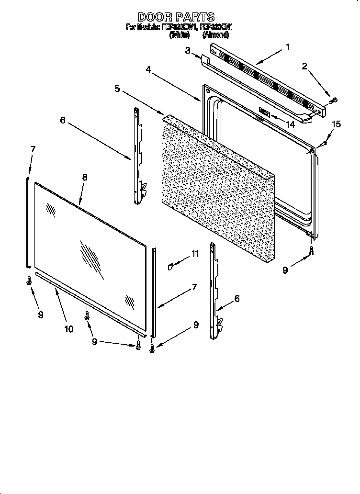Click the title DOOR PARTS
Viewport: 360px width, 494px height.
[176, 17]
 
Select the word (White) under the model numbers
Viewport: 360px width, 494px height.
[178, 34]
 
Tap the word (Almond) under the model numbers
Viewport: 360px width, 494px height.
[215, 34]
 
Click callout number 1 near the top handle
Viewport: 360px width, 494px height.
[287, 47]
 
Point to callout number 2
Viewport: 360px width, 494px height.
[304, 66]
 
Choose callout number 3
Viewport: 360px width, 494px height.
[188, 51]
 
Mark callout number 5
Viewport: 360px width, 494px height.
[117, 89]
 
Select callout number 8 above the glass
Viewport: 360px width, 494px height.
[85, 177]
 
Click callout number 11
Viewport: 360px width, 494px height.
[195, 254]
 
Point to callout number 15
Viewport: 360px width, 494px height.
[337, 124]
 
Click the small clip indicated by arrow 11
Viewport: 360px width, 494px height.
[169, 266]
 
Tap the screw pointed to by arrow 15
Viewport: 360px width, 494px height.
[324, 143]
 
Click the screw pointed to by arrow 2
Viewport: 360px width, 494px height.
[334, 101]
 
